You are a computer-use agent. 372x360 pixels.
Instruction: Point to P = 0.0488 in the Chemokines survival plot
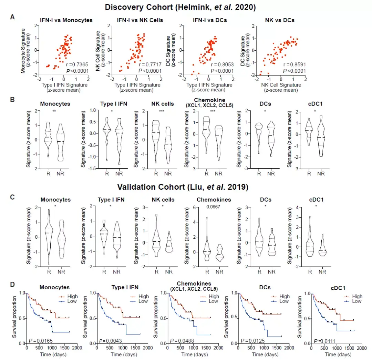coord(180,341)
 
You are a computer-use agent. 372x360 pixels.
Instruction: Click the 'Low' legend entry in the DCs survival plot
coord(284,301)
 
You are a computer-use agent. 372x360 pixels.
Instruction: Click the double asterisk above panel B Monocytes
coord(54,111)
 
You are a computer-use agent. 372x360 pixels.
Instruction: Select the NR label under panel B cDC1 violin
coord(321,173)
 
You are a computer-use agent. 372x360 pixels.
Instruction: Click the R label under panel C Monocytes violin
coord(49,271)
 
